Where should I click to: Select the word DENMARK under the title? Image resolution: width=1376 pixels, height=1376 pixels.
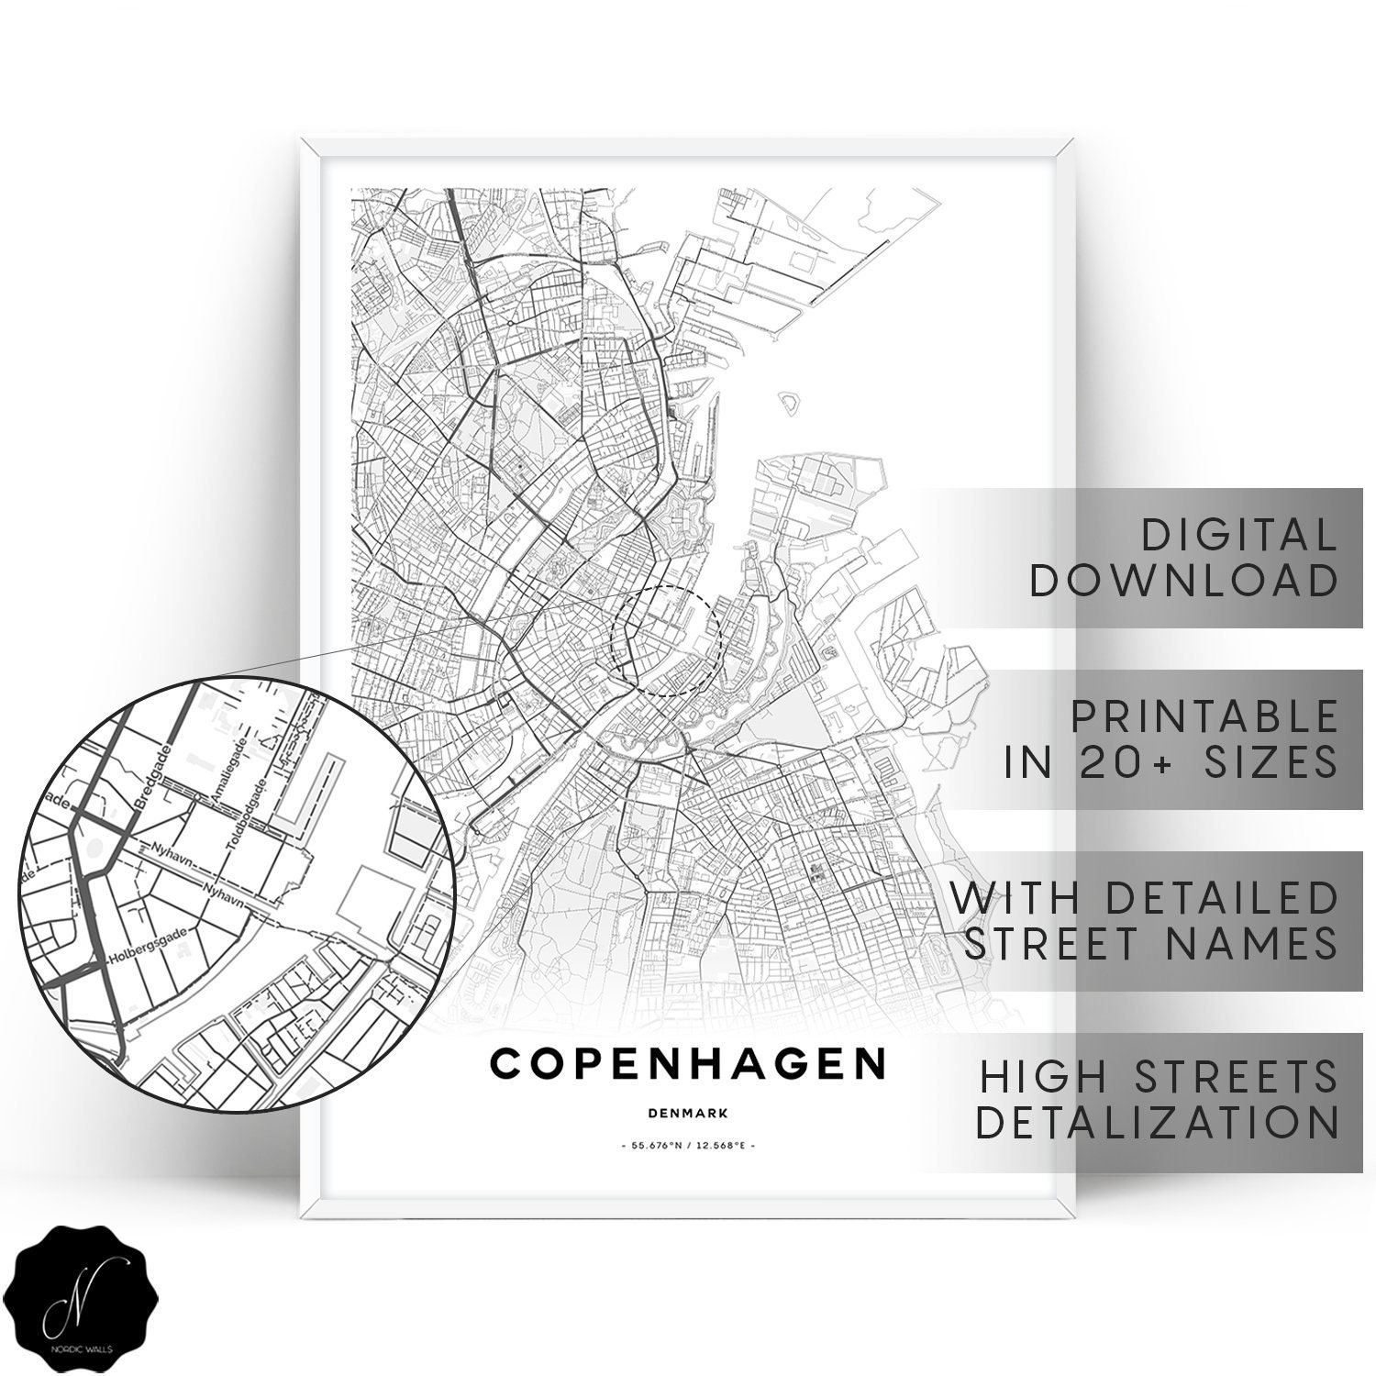(687, 1114)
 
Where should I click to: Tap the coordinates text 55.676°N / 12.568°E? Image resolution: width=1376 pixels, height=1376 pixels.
(687, 1147)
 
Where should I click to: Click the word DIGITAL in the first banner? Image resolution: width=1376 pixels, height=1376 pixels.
(1237, 535)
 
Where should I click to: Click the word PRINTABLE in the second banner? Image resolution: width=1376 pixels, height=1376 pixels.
(1204, 716)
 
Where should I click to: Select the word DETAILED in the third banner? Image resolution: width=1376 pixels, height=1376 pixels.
(1223, 898)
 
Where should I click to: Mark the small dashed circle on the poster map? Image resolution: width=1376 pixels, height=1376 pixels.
(667, 641)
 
